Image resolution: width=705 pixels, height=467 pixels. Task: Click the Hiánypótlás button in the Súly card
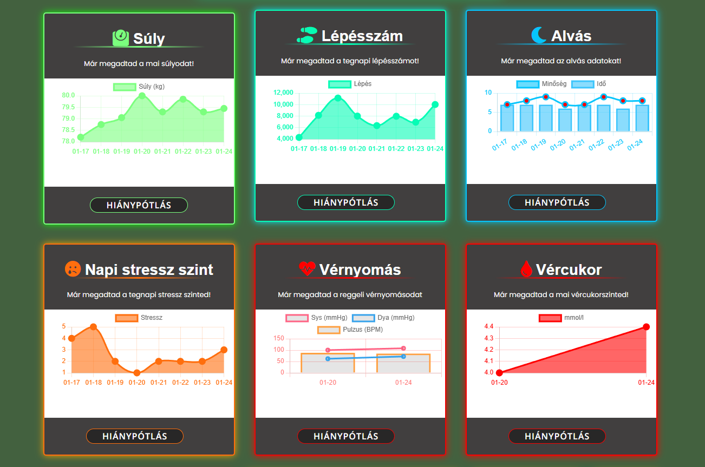point(139,205)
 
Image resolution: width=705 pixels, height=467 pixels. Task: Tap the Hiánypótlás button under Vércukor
point(557,436)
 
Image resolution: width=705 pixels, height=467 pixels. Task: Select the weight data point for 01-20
point(142,96)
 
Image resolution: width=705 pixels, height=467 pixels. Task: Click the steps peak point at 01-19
point(338,98)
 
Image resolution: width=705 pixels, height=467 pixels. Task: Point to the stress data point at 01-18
point(93,327)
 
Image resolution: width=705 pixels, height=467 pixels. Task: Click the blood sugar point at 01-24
point(646,327)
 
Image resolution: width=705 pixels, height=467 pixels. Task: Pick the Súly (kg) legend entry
point(139,87)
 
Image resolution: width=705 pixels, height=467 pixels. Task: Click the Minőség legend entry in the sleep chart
point(541,84)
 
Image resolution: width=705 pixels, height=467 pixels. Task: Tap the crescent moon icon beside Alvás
point(539,36)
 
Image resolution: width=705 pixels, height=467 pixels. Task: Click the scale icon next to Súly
point(120,38)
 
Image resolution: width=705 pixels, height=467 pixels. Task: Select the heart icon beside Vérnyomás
point(307,268)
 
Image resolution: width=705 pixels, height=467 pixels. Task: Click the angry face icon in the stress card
point(73,269)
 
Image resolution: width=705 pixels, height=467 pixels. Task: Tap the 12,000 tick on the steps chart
point(284,93)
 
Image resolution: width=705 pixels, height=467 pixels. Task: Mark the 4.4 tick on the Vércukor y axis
point(488,326)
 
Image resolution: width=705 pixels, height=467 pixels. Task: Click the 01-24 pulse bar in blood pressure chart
point(403,363)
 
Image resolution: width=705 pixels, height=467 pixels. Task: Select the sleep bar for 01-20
point(565,120)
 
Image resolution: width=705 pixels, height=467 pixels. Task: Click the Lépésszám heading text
point(362,36)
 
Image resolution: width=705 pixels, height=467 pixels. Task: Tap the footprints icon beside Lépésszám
point(306,35)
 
